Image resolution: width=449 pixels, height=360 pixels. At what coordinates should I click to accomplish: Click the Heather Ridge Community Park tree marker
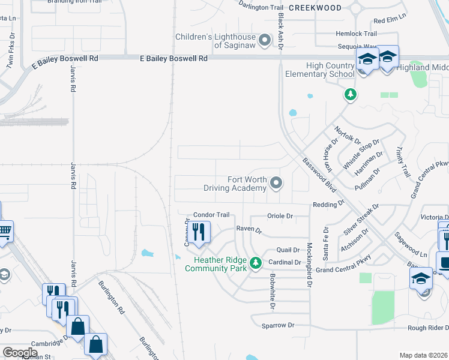(256, 263)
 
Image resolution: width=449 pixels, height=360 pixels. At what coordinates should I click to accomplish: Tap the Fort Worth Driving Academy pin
(276, 182)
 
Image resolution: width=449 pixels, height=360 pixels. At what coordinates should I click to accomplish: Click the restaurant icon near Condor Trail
(198, 232)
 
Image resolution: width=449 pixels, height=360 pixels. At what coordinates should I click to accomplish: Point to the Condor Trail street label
(211, 215)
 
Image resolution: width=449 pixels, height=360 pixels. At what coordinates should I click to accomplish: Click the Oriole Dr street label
(280, 216)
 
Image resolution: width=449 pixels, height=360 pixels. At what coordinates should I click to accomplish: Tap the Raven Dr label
(249, 230)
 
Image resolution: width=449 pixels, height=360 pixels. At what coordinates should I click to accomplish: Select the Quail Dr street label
(288, 250)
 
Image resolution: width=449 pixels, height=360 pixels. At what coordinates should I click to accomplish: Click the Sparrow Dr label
(279, 325)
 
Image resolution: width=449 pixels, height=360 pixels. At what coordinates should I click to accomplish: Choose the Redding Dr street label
(328, 205)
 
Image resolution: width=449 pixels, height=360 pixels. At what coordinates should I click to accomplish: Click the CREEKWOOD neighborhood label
(315, 8)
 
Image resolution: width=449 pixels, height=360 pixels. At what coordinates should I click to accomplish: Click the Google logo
(20, 353)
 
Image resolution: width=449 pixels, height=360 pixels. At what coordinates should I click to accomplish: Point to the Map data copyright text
(423, 355)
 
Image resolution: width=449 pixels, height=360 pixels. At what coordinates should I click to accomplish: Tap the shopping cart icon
(5, 230)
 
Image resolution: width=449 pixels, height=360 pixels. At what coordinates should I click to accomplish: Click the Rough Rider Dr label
(428, 327)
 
